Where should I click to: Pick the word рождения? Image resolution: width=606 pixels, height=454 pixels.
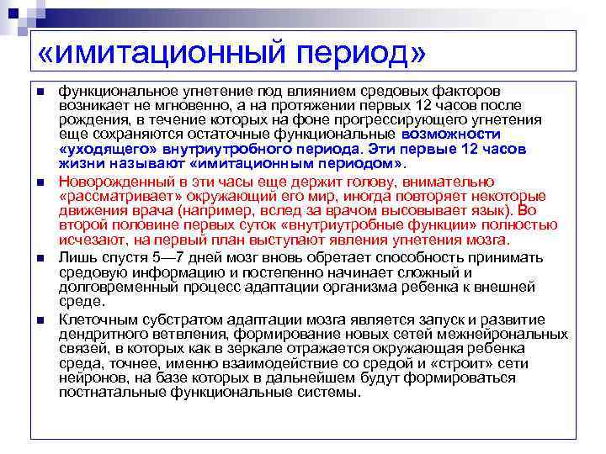(x=90, y=120)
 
